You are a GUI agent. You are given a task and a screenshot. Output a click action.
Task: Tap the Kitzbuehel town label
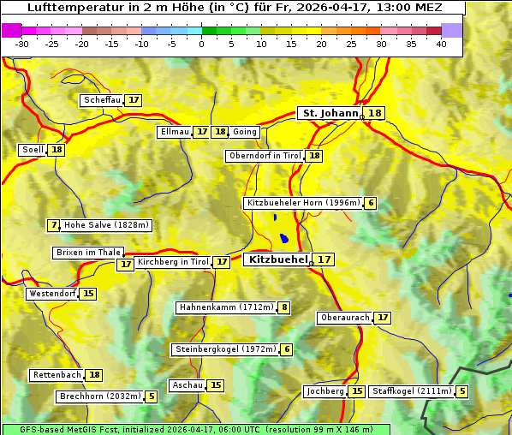(x=277, y=259)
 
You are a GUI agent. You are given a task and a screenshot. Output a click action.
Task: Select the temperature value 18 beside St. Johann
(x=375, y=113)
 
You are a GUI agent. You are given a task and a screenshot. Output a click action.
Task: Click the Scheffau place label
(x=102, y=100)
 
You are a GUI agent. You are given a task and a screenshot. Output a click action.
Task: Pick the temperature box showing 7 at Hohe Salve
(x=54, y=225)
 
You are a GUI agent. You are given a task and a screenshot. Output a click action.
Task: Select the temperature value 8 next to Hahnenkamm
(x=283, y=307)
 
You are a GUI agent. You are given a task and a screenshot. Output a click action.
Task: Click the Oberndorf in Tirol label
(x=265, y=156)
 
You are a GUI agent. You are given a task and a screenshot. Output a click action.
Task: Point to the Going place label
(x=245, y=132)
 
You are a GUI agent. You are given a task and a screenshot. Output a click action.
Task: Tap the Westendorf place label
(x=52, y=294)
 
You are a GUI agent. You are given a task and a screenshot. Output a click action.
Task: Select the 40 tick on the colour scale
(x=441, y=44)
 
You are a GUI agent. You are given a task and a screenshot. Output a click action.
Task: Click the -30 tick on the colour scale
(x=22, y=44)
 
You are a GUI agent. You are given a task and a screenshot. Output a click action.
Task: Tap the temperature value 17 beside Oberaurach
(x=382, y=318)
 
